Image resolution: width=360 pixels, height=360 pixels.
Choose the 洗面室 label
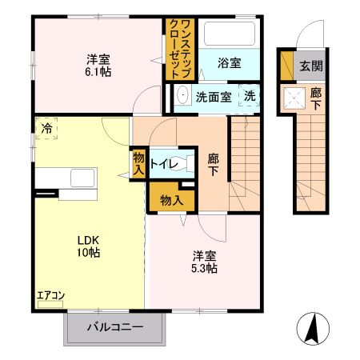click(214, 96)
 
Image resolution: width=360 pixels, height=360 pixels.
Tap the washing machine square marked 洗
click(251, 96)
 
